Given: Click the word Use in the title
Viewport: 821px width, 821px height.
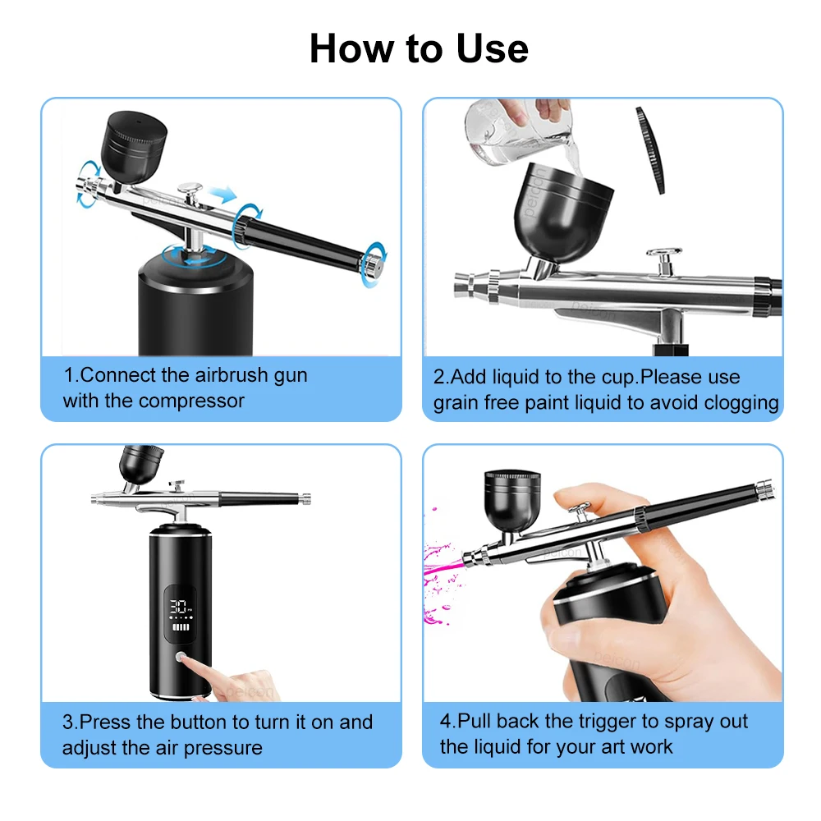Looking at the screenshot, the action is tap(492, 48).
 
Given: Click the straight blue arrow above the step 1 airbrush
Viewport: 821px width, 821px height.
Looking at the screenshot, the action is tap(222, 194).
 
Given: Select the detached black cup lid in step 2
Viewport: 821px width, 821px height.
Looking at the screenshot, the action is tap(650, 150).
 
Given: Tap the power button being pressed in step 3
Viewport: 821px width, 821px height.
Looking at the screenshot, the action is tap(181, 657).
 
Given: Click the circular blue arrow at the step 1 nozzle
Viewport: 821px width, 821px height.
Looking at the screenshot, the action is tap(88, 184).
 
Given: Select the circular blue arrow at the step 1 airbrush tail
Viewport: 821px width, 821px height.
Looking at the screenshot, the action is tap(376, 264).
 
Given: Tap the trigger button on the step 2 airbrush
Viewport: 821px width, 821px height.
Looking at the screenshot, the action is tap(664, 260).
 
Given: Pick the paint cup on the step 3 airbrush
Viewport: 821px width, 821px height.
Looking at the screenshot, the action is tap(140, 465).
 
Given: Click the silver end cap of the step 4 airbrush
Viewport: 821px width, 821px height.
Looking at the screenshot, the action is tap(765, 488).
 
